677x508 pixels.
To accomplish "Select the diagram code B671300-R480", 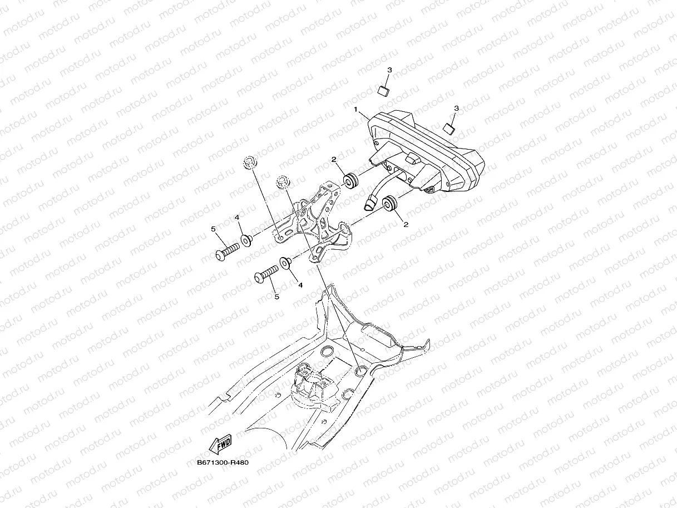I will pos(222,462).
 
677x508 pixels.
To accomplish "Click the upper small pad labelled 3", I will pos(383,90).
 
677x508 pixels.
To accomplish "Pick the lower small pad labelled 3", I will pos(448,129).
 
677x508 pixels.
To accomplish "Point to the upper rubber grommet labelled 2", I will pos(350,180).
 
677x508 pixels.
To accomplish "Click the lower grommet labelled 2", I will pos(391,203).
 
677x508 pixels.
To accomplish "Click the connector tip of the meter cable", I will pos(368,203).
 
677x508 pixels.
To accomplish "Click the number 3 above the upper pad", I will pos(389,70).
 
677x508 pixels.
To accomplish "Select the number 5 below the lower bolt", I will pos(276,297).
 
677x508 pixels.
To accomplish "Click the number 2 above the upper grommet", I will pos(333,160).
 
